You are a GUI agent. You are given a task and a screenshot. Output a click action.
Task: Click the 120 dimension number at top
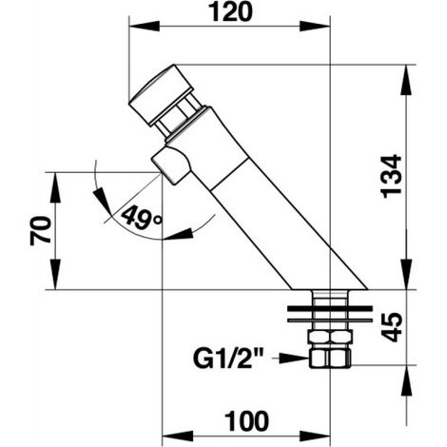pyautogui.click(x=231, y=12)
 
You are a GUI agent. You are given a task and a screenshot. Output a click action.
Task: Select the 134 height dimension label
pyautogui.click(x=391, y=176)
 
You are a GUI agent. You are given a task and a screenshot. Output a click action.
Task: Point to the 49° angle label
pyautogui.click(x=142, y=217)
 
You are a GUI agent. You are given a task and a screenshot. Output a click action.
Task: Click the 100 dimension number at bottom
pyautogui.click(x=246, y=421)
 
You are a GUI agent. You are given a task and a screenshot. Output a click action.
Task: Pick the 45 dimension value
pyautogui.click(x=392, y=327)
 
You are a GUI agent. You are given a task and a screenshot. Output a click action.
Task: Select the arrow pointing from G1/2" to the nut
pyautogui.click(x=293, y=359)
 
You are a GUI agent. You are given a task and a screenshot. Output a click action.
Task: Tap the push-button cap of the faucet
pyautogui.click(x=161, y=94)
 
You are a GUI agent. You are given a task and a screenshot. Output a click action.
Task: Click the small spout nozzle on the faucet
pyautogui.click(x=171, y=165)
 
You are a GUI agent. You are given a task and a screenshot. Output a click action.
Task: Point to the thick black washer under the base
pyautogui.click(x=330, y=308)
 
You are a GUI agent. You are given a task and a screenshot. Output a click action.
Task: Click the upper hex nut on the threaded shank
pyautogui.click(x=331, y=337)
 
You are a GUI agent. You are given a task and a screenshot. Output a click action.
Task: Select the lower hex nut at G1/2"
pyautogui.click(x=330, y=359)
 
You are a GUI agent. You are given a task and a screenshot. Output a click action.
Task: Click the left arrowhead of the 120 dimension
pyautogui.click(x=145, y=27)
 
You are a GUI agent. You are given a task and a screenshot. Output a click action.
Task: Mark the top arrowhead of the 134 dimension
pyautogui.click(x=406, y=80)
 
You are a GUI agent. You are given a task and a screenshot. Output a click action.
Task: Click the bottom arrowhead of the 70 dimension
pyautogui.click(x=55, y=274)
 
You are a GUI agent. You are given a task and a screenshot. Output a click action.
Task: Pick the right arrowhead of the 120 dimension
pyautogui.click(x=315, y=27)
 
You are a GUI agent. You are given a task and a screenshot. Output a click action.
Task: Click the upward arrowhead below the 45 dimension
pyautogui.click(x=406, y=380)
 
